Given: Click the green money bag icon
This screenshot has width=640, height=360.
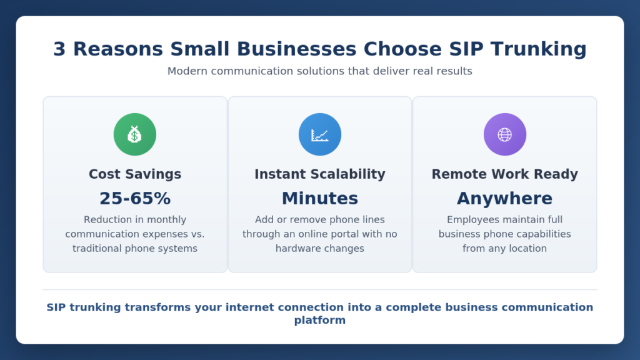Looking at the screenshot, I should point(135,134).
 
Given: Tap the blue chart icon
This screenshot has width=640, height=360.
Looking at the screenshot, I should point(320,134).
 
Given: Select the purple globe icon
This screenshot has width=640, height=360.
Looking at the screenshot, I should point(505,134).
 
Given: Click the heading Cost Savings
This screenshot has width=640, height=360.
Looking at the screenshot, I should point(135,174).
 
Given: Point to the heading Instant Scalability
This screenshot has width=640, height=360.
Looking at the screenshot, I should point(320,174).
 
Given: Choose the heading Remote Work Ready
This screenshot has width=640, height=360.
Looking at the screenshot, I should point(505,174).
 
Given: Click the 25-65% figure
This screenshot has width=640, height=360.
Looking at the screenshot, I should point(135,199).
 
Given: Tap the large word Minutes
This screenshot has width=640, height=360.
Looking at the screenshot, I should point(320,199).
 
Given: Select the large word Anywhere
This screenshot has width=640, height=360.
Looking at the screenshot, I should point(505,199).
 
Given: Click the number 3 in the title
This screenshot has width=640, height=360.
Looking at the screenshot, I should point(59,49).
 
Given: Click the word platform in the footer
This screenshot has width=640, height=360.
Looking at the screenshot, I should point(320,320).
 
